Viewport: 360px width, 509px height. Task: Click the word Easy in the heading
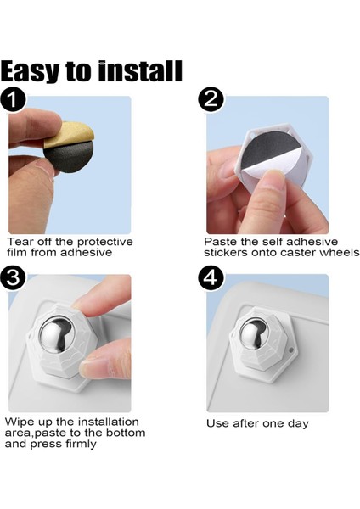pos(31,71)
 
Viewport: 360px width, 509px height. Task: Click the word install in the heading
pos(140,70)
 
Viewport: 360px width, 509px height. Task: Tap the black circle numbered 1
pos(13,99)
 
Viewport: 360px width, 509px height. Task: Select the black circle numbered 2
pos(211,99)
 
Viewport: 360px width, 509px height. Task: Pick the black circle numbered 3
pos(13,278)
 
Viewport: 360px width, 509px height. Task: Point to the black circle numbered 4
pos(211,278)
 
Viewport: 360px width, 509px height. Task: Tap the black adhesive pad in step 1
pos(69,158)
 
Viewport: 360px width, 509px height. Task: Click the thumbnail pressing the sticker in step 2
pos(273,178)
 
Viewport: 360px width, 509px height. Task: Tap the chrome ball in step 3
pos(57,334)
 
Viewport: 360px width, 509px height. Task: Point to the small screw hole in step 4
pos(290,350)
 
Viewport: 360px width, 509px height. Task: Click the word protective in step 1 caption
pos(105,242)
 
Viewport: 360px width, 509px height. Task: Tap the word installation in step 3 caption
pos(108,422)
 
